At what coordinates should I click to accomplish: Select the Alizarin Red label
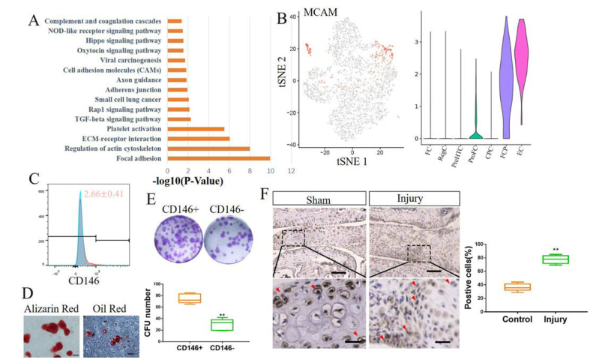52,302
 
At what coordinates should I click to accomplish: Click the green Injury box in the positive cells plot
556,259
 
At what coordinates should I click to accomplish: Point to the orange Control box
517,286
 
